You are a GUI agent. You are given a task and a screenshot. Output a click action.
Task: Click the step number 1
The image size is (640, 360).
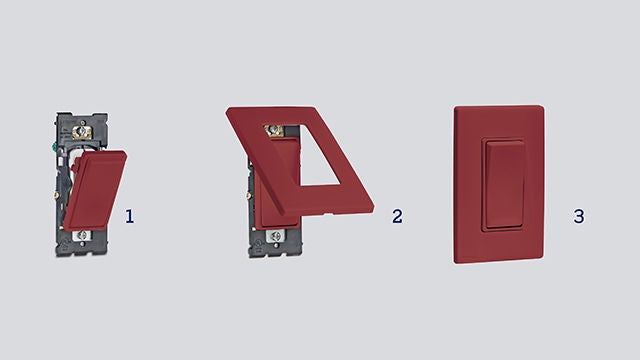130,215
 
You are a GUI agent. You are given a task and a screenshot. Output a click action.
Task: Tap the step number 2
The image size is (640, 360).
397,215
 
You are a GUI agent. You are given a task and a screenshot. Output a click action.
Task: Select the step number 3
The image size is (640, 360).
578,215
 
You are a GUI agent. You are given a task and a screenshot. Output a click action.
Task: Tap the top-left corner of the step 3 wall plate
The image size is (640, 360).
456,106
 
